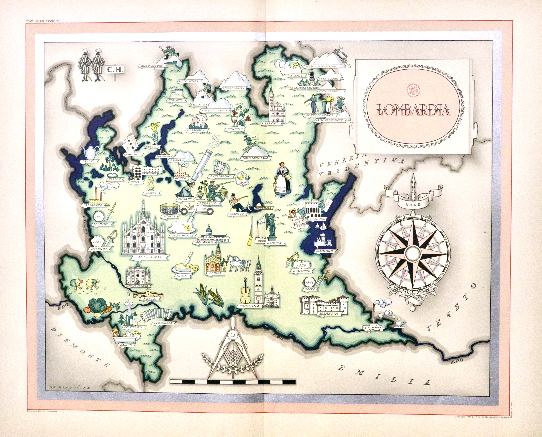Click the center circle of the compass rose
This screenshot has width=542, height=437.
(x=412, y=253)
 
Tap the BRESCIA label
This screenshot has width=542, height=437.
(x=273, y=243)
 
